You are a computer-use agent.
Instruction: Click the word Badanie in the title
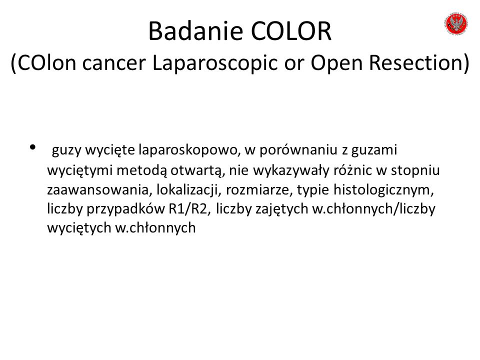coord(196,31)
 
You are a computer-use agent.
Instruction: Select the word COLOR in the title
coord(291,31)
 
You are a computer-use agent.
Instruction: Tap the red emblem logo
coord(456,23)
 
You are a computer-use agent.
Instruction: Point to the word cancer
coord(114,63)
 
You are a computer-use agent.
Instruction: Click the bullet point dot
coord(33,147)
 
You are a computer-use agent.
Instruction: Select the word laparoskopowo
coord(187,150)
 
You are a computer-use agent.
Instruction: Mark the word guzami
coord(374,150)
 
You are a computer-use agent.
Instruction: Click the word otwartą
coord(196,170)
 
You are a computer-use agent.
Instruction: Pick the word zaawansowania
coord(98,190)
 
